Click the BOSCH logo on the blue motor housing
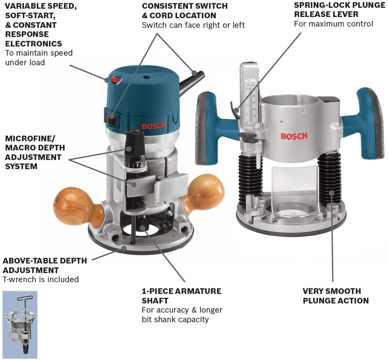click(x=154, y=126)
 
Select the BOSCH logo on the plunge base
click(x=294, y=136)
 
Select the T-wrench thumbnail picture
click(x=20, y=318)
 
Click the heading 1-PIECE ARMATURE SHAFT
click(x=181, y=296)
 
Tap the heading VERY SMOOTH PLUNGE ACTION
click(x=335, y=296)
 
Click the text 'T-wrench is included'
click(x=41, y=280)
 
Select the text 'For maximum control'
click(x=333, y=24)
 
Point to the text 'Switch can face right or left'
click(x=193, y=25)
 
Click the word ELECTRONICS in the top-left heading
click(x=33, y=43)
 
